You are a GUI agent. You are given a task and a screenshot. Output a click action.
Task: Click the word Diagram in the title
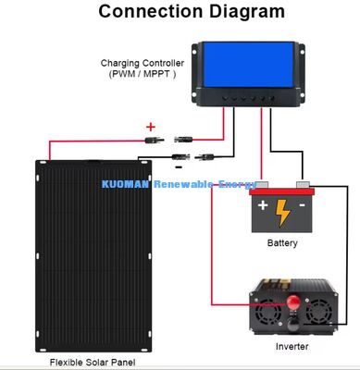pyautogui.click(x=247, y=12)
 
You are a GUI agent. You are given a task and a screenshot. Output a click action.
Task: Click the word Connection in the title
pyautogui.click(x=151, y=11)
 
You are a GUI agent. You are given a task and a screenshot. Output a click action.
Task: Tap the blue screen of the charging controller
pyautogui.click(x=248, y=65)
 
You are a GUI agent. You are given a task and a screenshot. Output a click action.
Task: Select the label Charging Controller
pyautogui.click(x=143, y=63)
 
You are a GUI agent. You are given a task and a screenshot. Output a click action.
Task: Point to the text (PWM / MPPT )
pyautogui.click(x=143, y=74)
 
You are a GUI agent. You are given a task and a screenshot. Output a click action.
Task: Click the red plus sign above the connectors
pyautogui.click(x=151, y=127)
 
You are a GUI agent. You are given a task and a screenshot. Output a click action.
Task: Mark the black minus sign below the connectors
pyautogui.click(x=179, y=167)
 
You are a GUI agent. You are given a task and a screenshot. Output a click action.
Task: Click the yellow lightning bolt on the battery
pyautogui.click(x=282, y=213)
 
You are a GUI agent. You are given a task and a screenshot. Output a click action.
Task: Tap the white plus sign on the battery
pyautogui.click(x=263, y=205)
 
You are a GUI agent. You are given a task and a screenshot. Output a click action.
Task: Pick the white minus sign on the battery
pyautogui.click(x=302, y=205)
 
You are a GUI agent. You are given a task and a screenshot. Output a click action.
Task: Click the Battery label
pyautogui.click(x=282, y=243)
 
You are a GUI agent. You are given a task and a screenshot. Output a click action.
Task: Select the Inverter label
pyautogui.click(x=292, y=346)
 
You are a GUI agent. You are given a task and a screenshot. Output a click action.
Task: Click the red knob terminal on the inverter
pyautogui.click(x=292, y=302)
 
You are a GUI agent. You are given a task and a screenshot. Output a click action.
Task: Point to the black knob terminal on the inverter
pyautogui.click(x=292, y=325)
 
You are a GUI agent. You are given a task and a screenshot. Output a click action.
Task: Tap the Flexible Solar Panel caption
pyautogui.click(x=93, y=363)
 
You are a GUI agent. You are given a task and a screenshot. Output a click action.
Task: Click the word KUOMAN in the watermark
pyautogui.click(x=125, y=184)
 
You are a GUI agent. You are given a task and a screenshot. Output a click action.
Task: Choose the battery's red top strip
pyautogui.click(x=281, y=191)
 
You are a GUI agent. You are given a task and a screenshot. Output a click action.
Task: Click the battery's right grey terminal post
pyautogui.click(x=303, y=185)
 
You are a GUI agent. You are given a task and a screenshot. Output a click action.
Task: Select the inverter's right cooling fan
pyautogui.click(x=319, y=312)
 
